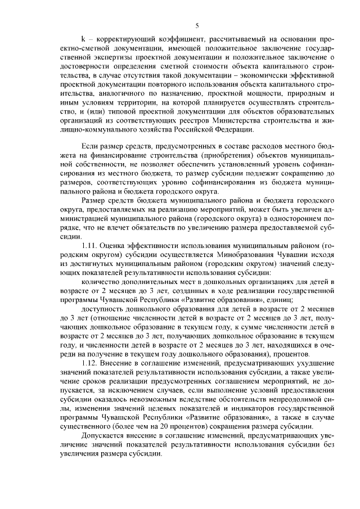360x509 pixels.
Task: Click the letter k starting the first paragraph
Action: [83, 40]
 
